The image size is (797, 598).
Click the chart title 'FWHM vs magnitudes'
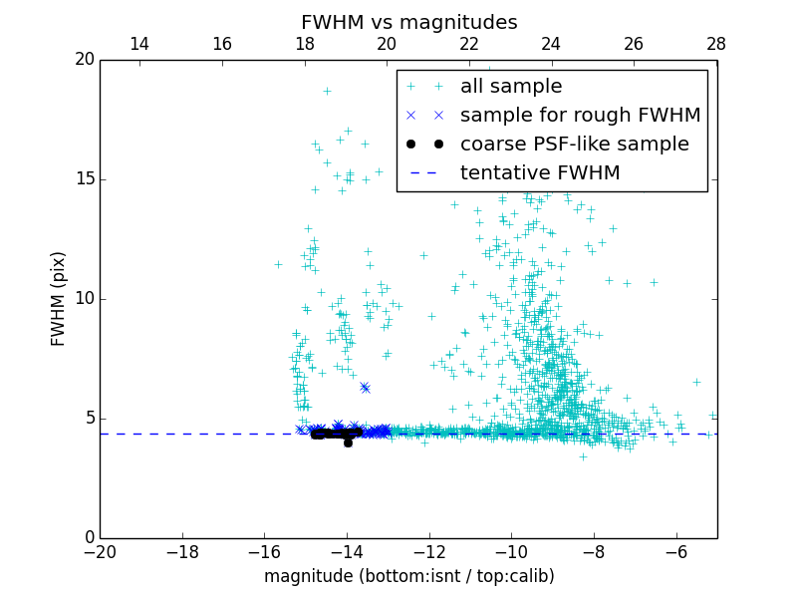pyautogui.click(x=408, y=22)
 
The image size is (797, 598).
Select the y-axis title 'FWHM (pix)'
pyautogui.click(x=59, y=298)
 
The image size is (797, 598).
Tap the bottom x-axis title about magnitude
pyautogui.click(x=408, y=576)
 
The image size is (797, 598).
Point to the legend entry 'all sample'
pyautogui.click(x=510, y=87)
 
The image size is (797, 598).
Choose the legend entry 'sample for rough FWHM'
pyautogui.click(x=580, y=116)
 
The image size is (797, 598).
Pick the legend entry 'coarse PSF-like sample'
pyautogui.click(x=574, y=145)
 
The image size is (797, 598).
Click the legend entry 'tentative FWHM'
pyautogui.click(x=539, y=173)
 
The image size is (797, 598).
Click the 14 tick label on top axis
pyautogui.click(x=140, y=44)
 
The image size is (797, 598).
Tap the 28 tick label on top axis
pyautogui.click(x=716, y=44)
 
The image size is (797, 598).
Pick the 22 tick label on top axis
pyautogui.click(x=469, y=44)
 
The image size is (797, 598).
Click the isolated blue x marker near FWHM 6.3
pyautogui.click(x=365, y=387)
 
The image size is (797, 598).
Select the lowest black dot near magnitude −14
pyautogui.click(x=348, y=443)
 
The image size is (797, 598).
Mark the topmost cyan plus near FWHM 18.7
pyautogui.click(x=326, y=91)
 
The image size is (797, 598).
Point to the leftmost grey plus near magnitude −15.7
pyautogui.click(x=278, y=264)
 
